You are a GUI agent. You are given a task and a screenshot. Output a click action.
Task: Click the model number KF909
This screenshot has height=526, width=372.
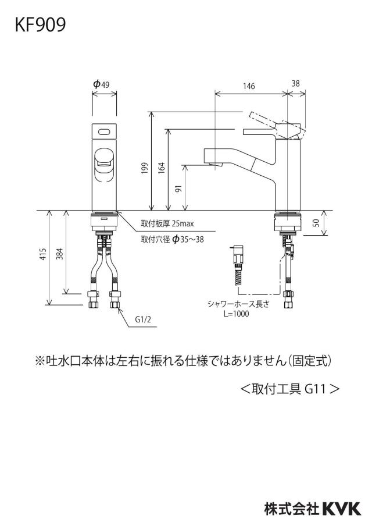[40, 25]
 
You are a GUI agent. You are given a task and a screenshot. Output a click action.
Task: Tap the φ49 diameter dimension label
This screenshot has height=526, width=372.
[101, 84]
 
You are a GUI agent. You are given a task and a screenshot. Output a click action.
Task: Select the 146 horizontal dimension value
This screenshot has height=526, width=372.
[249, 86]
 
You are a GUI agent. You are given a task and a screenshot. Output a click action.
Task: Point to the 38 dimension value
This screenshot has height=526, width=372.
[295, 83]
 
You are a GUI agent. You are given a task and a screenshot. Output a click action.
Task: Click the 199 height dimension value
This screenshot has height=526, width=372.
[145, 168]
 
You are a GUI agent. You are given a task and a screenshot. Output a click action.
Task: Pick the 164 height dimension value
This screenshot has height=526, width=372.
[162, 168]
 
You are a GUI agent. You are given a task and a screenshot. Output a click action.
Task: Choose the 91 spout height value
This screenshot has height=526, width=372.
[178, 189]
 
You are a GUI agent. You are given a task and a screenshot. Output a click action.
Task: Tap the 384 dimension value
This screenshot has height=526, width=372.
[60, 254]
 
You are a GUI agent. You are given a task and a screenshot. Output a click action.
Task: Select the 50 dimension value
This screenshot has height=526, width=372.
[316, 222]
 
